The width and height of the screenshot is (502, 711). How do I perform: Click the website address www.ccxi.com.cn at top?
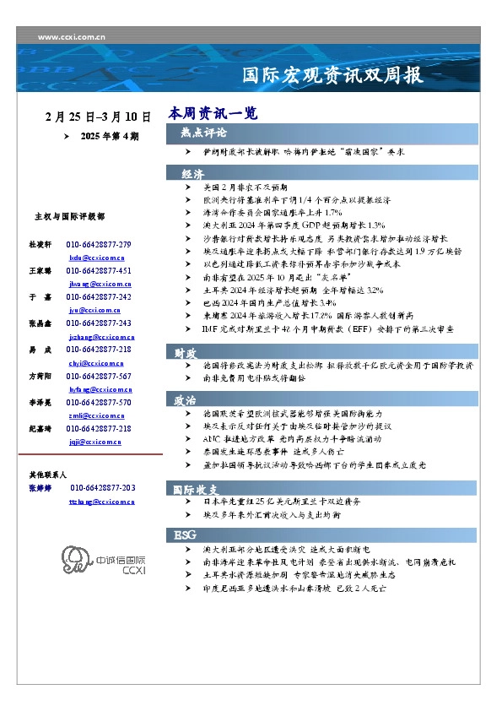pyautogui.click(x=71, y=36)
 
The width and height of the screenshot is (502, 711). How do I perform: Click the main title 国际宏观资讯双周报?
pyautogui.click(x=332, y=75)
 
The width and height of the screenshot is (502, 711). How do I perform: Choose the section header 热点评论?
pyautogui.click(x=203, y=133)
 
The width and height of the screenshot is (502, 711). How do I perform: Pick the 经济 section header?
pyautogui.click(x=192, y=173)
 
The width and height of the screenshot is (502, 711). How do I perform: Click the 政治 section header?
pyautogui.click(x=186, y=399)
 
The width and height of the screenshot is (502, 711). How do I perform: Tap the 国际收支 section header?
pyautogui.click(x=196, y=490)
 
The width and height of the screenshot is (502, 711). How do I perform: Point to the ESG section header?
pyautogui.click(x=185, y=535)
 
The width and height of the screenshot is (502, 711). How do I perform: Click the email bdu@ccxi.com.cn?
pyautogui.click(x=96, y=256)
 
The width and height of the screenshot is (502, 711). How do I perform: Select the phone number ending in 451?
pyautogui.click(x=99, y=270)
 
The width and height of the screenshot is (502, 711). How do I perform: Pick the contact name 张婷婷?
pyautogui.click(x=41, y=488)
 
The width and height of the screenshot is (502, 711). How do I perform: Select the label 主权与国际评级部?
pyautogui.click(x=69, y=217)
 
